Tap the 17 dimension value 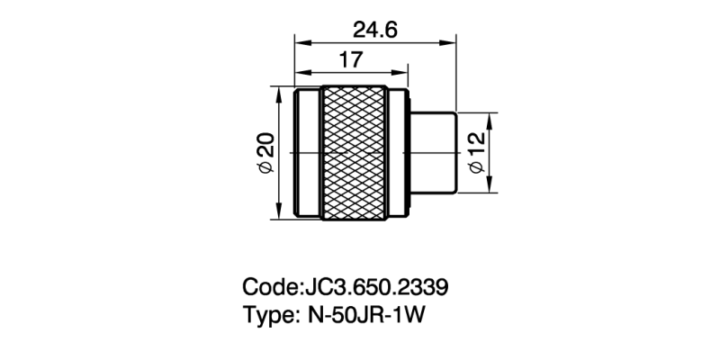351,60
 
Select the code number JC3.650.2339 377,288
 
